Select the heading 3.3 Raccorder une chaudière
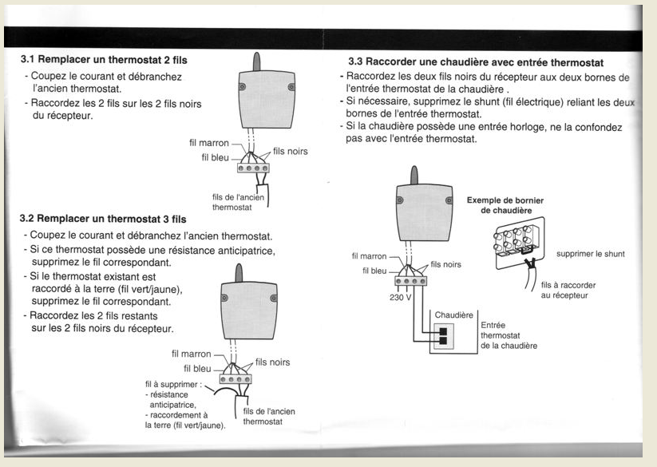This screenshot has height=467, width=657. [x=476, y=61]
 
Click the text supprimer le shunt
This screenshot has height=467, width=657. [x=590, y=254]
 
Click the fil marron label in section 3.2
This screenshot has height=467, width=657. [x=192, y=354]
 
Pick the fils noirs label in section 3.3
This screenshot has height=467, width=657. [x=445, y=264]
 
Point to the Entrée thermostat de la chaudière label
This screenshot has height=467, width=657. [x=509, y=336]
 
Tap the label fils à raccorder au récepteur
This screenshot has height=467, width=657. [x=568, y=291]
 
